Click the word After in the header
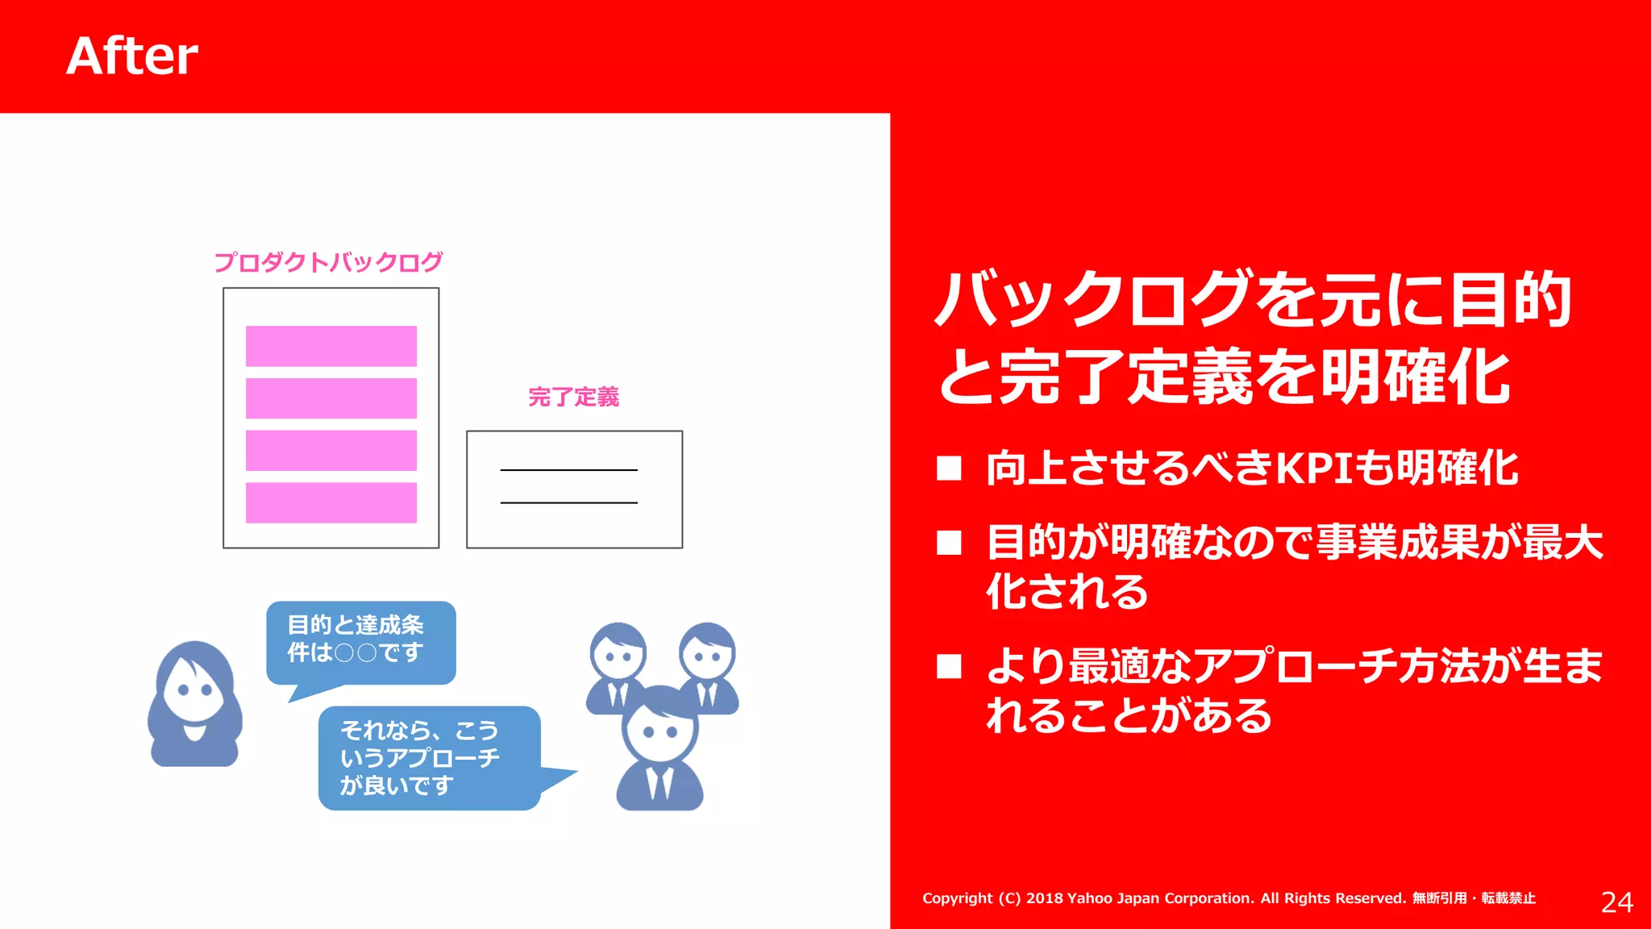tap(132, 56)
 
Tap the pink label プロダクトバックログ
tap(328, 262)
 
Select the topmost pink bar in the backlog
tap(331, 346)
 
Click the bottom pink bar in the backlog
tap(331, 502)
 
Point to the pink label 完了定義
tap(573, 397)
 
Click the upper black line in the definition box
tap(568, 469)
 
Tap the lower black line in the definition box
tap(568, 502)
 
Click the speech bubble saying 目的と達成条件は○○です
tap(360, 641)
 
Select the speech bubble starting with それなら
tap(428, 757)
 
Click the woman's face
tap(194, 690)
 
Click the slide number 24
tap(1616, 902)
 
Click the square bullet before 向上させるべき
tap(949, 469)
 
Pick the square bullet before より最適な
tap(949, 667)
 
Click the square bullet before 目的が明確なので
tap(949, 543)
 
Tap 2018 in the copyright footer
tap(1044, 898)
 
